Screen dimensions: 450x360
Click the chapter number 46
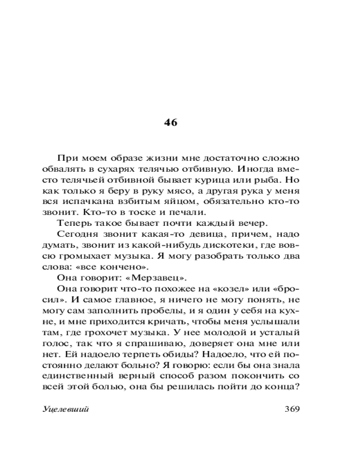pos(171,122)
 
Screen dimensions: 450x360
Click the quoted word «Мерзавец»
pos(151,277)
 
